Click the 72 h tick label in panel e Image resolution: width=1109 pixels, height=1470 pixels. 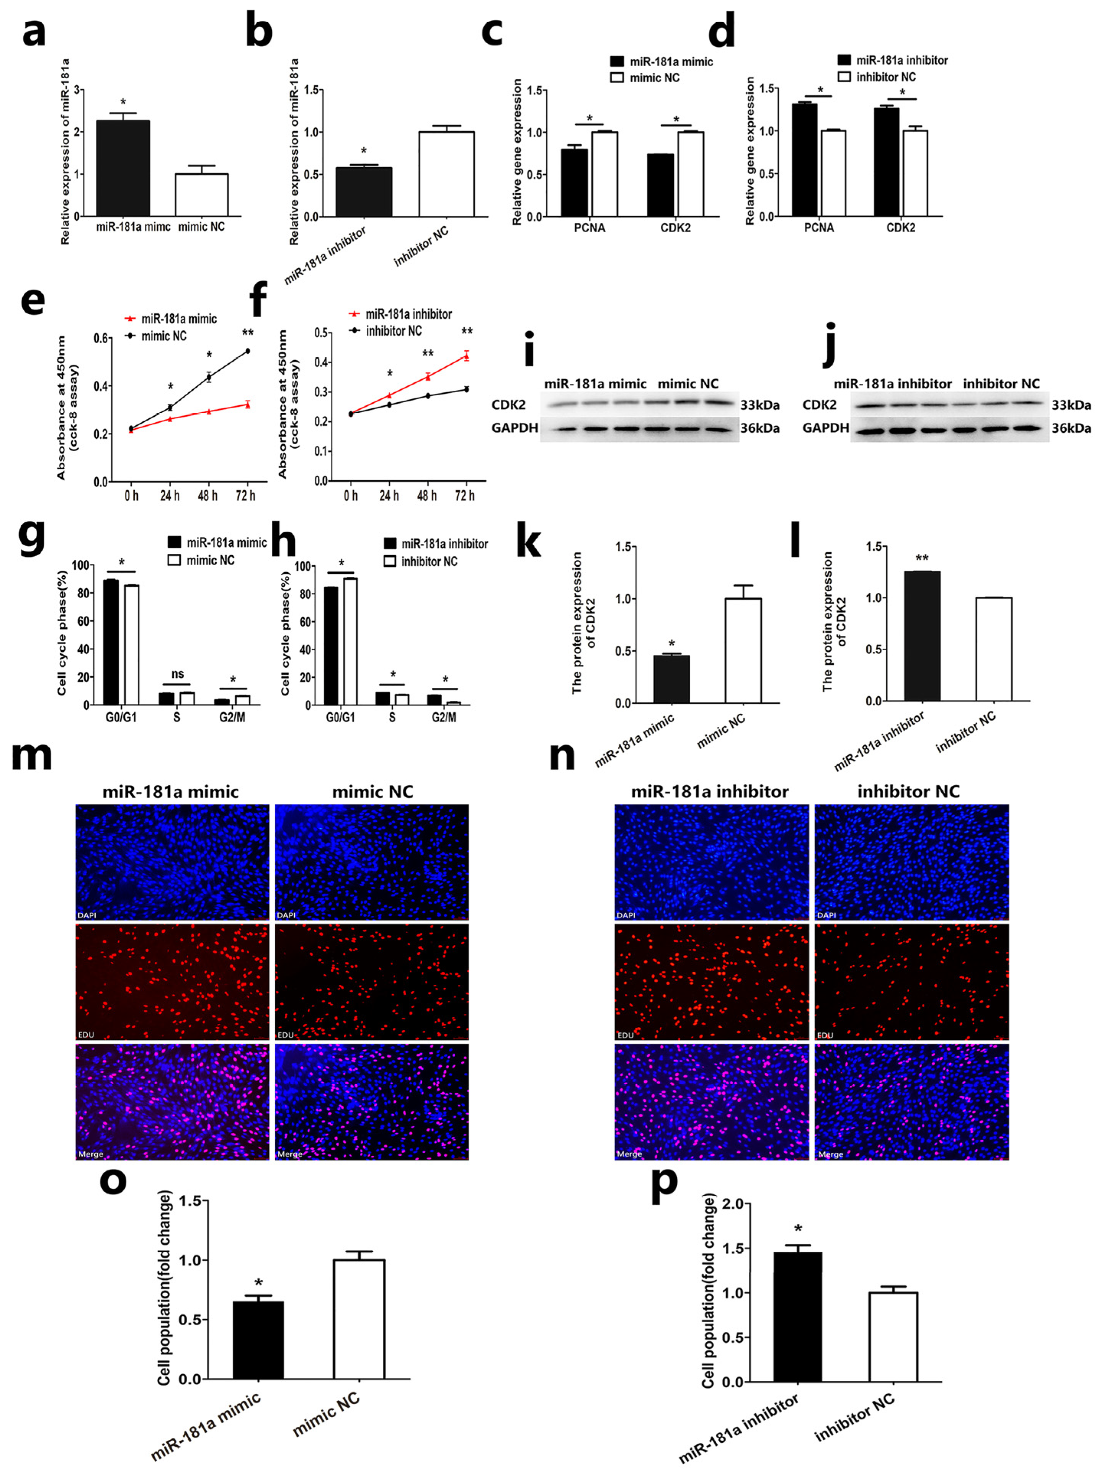click(245, 496)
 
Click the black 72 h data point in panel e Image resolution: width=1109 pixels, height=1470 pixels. click(247, 351)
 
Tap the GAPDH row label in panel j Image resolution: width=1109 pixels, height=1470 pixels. click(825, 428)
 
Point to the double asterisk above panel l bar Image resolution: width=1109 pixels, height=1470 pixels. click(922, 558)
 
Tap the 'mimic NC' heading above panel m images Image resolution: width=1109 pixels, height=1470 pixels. click(372, 791)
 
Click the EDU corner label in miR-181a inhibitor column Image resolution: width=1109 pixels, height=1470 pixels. click(626, 1035)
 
